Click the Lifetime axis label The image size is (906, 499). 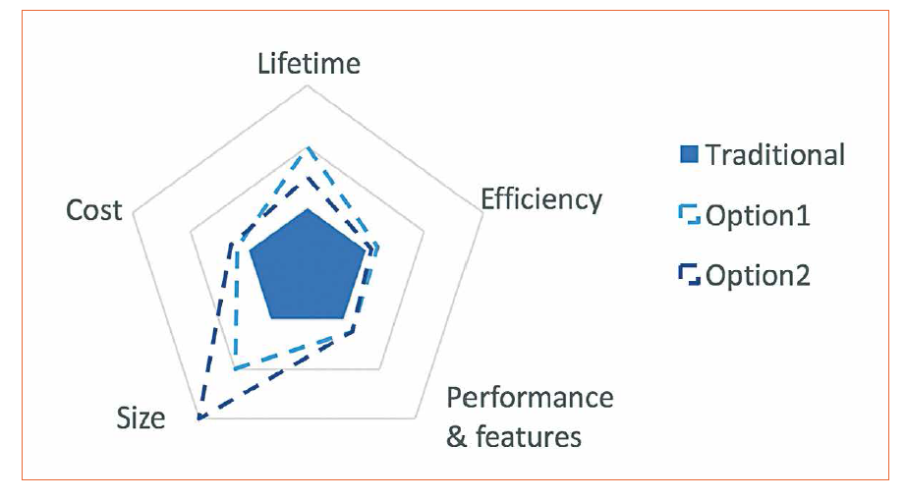[x=309, y=64]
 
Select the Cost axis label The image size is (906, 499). [x=94, y=209]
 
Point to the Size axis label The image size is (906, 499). [x=141, y=417]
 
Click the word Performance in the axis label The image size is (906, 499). [x=530, y=398]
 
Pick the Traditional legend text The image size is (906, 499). [x=774, y=154]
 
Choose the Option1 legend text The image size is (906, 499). [x=757, y=215]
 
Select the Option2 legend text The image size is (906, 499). [x=757, y=275]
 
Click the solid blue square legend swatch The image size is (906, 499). [x=690, y=154]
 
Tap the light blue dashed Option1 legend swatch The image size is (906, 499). [x=690, y=215]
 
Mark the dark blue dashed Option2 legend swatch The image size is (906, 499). [x=690, y=275]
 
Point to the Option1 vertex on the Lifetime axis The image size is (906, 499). [x=309, y=147]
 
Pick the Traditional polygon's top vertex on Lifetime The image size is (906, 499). [x=309, y=208]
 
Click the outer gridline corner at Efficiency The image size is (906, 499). [x=484, y=209]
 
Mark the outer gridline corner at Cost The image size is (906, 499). [x=133, y=209]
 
